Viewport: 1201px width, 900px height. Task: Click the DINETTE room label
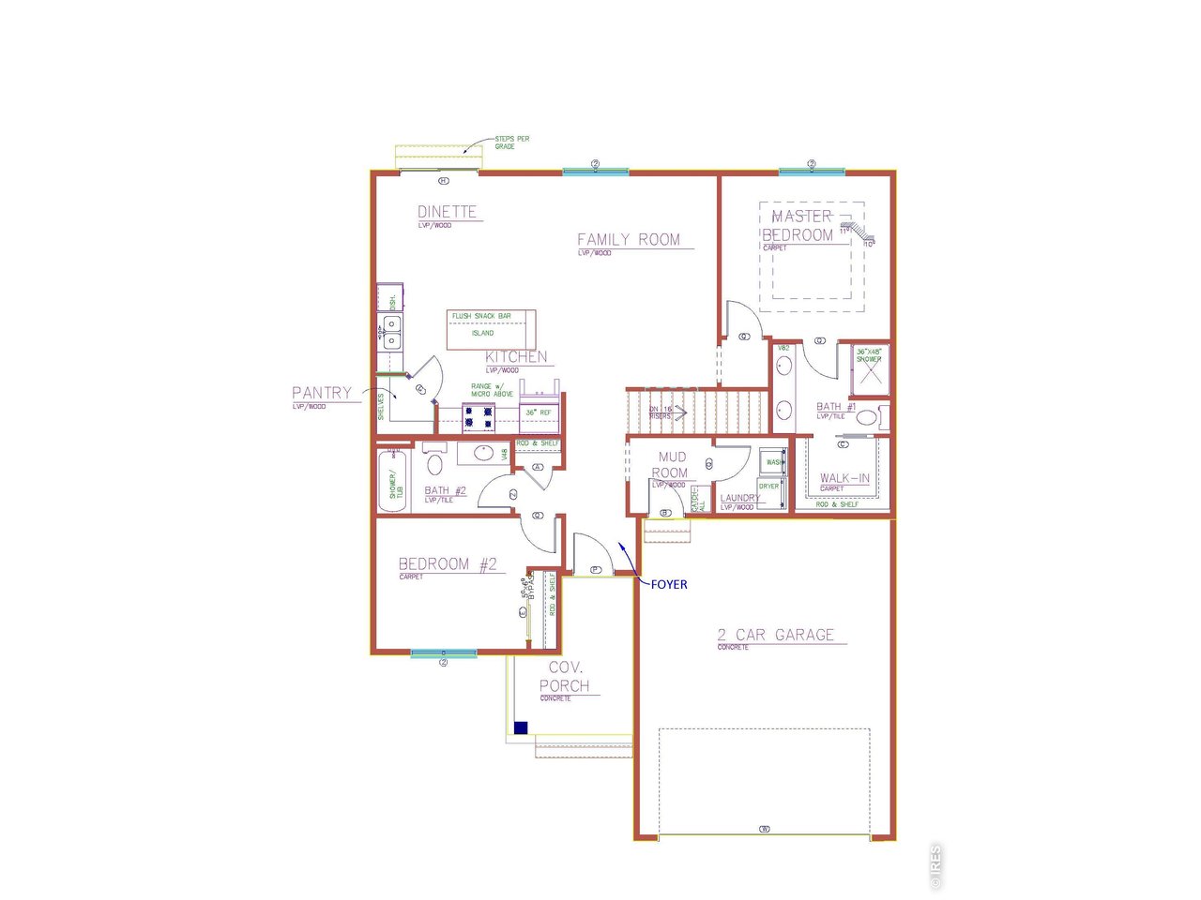tap(447, 213)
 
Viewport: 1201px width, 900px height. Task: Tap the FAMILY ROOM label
tap(629, 240)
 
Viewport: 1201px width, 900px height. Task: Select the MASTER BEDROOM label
tap(799, 226)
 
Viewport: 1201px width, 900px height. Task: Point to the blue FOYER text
tap(669, 585)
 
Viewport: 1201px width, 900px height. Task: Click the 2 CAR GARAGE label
tap(775, 636)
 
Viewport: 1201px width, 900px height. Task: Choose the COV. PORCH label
tap(565, 677)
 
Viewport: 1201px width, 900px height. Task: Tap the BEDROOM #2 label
tap(448, 564)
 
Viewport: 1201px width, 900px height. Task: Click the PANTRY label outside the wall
tap(322, 394)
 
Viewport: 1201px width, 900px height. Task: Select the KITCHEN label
tap(516, 357)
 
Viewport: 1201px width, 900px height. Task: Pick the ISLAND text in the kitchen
tap(482, 333)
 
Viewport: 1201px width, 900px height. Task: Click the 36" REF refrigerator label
tap(538, 412)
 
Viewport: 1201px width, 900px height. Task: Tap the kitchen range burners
tap(479, 417)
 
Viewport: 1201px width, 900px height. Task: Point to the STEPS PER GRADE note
tap(511, 142)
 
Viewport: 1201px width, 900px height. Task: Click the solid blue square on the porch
tap(521, 727)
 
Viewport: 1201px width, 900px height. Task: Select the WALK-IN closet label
tap(844, 478)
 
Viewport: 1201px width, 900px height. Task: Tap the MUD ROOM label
tap(672, 465)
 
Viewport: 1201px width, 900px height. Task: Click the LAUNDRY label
tap(739, 499)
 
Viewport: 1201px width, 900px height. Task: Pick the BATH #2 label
tap(445, 490)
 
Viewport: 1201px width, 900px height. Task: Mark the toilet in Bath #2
tap(435, 463)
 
